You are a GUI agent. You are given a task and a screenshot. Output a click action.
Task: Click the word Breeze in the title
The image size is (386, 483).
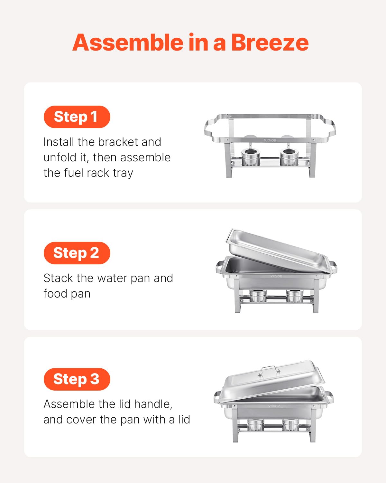point(270,43)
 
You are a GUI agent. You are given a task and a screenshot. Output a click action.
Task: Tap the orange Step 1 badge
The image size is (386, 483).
point(77,117)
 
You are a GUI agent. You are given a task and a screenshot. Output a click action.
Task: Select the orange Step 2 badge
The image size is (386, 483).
point(77,253)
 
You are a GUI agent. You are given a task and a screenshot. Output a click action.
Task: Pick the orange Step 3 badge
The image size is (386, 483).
point(77,379)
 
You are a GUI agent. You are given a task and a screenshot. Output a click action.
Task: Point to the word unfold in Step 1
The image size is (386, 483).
point(60,157)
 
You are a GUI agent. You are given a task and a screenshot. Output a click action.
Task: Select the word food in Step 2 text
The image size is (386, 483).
point(55,294)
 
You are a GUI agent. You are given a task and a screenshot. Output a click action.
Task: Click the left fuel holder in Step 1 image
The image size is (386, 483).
point(251,156)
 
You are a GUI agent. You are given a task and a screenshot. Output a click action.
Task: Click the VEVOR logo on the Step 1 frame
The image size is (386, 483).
point(270,140)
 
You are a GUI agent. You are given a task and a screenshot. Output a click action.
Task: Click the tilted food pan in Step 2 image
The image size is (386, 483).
point(277,250)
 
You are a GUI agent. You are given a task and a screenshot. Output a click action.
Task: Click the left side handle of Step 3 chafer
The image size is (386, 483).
point(217,397)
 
